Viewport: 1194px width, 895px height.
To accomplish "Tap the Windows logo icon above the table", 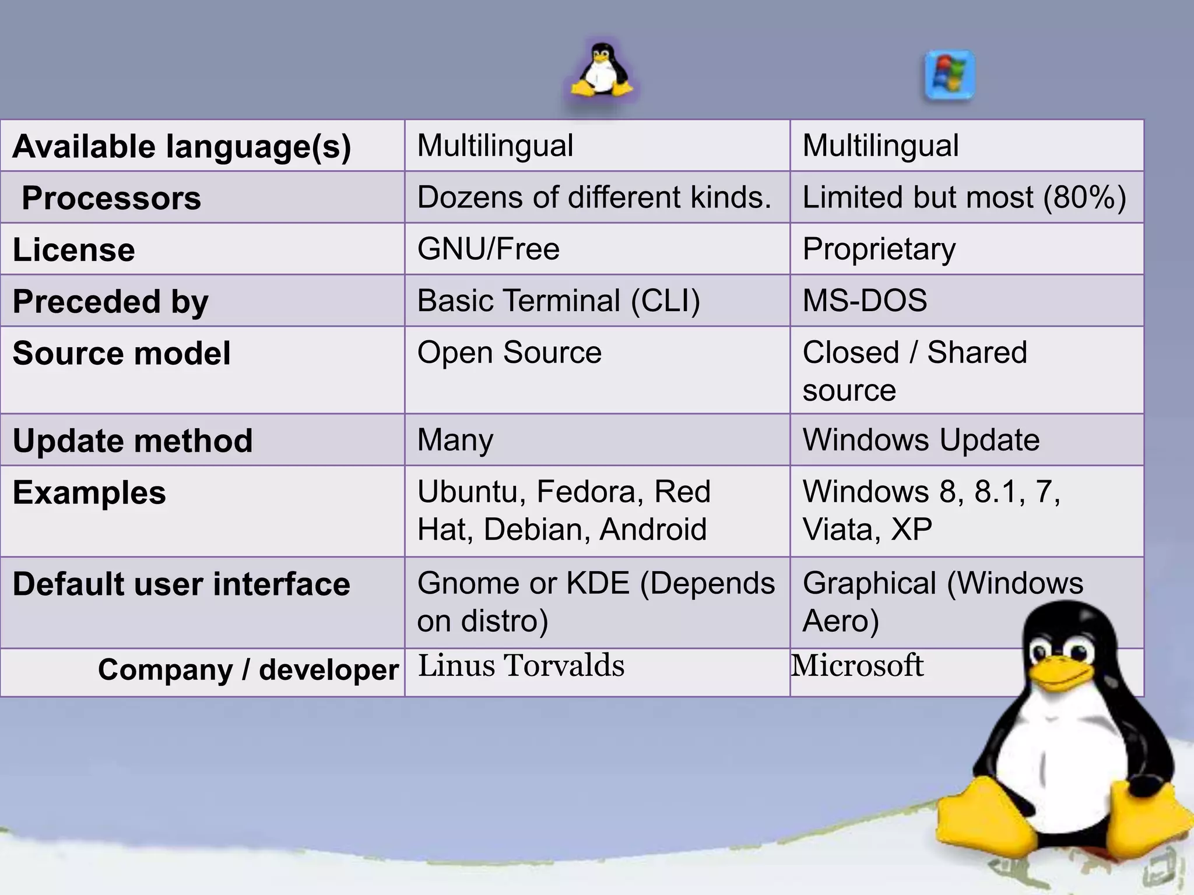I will [x=949, y=76].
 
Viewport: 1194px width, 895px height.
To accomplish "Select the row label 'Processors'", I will [x=111, y=198].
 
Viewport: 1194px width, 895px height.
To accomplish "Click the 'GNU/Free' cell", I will [x=489, y=249].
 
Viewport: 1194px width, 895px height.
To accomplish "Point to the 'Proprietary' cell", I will [x=879, y=249].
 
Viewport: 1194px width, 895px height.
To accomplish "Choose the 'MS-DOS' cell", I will [x=865, y=301].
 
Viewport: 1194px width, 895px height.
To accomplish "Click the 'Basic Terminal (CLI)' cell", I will [x=558, y=301].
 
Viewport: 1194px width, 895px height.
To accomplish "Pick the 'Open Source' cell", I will [x=509, y=353].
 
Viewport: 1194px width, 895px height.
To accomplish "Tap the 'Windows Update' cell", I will [x=921, y=440].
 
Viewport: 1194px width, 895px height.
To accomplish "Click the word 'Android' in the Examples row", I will [x=653, y=530].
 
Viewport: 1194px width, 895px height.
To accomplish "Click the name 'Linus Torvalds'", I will [x=521, y=665].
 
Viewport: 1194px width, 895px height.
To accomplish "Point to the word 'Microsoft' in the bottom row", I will [x=857, y=665].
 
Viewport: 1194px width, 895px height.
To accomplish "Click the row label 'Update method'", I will [x=133, y=441].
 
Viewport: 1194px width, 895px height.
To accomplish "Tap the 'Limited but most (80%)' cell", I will [x=964, y=198].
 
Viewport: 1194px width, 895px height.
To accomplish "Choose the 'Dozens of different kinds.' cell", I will [x=594, y=198].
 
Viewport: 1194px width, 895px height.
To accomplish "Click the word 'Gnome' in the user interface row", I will [x=459, y=583].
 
